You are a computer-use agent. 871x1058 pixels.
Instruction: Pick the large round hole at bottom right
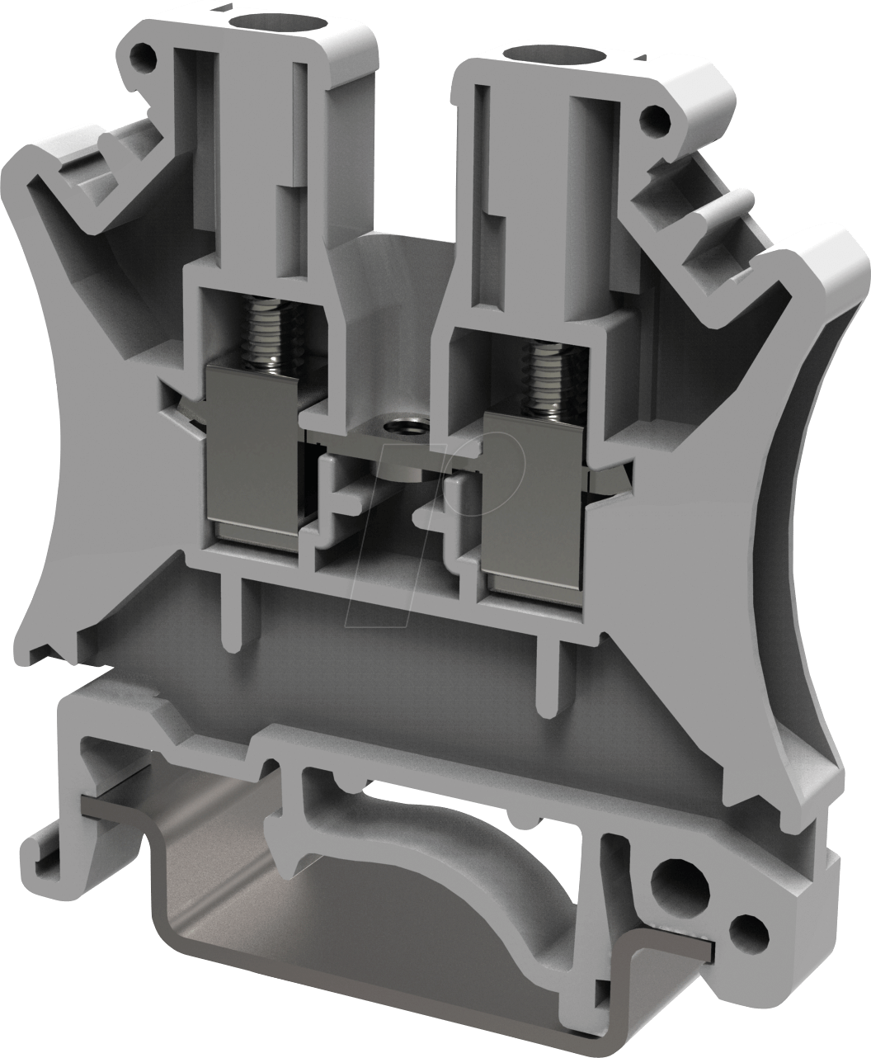click(x=672, y=887)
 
